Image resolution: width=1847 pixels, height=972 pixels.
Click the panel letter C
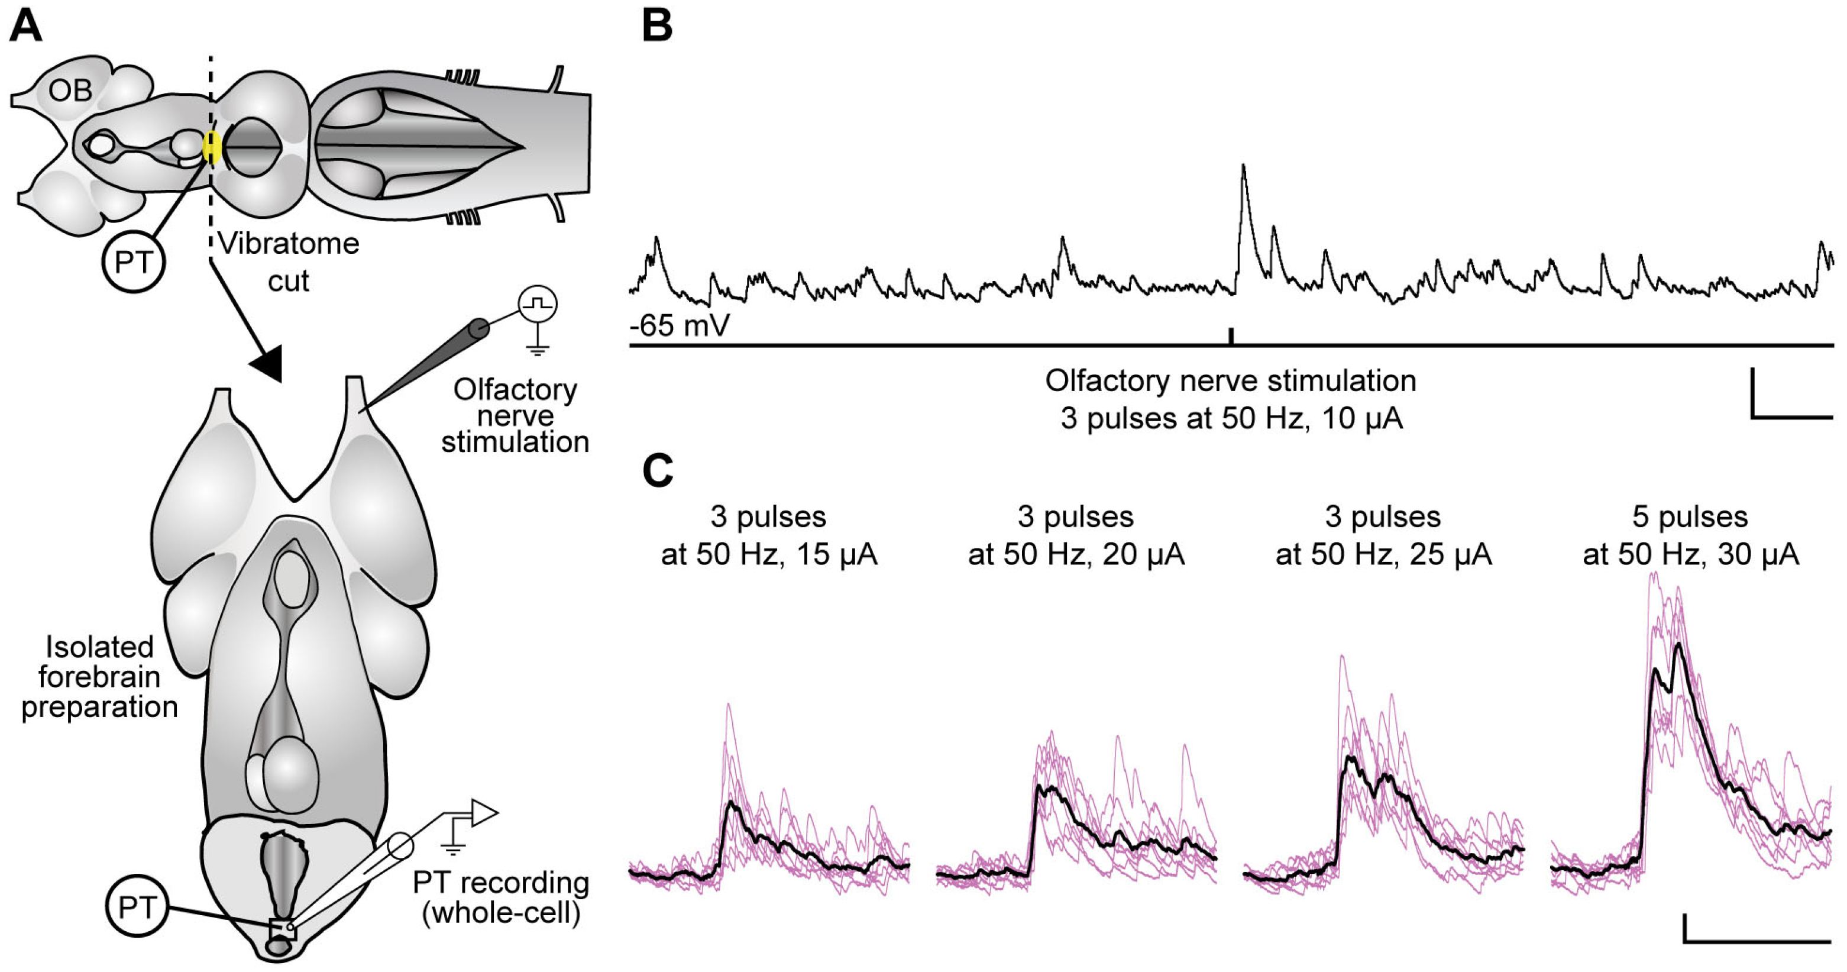(x=658, y=472)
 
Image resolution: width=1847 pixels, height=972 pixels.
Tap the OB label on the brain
(x=70, y=91)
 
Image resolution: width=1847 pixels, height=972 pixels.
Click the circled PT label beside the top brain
(x=134, y=262)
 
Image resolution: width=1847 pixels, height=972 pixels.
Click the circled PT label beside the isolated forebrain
(x=136, y=908)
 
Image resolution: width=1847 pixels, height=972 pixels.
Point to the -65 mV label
(x=679, y=325)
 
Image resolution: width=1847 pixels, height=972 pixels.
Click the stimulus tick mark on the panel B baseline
(x=1231, y=335)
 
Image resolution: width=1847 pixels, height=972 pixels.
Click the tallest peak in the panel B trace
(x=1243, y=167)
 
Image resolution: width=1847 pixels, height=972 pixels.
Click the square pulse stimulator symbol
(x=538, y=303)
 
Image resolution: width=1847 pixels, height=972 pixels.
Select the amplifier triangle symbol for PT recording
(x=484, y=813)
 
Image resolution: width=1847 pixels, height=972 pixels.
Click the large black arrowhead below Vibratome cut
(x=267, y=363)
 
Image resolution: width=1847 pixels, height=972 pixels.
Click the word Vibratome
(x=288, y=244)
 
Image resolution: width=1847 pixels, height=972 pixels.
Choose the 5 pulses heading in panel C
(x=1689, y=516)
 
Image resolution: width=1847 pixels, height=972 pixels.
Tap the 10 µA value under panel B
(x=1361, y=418)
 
